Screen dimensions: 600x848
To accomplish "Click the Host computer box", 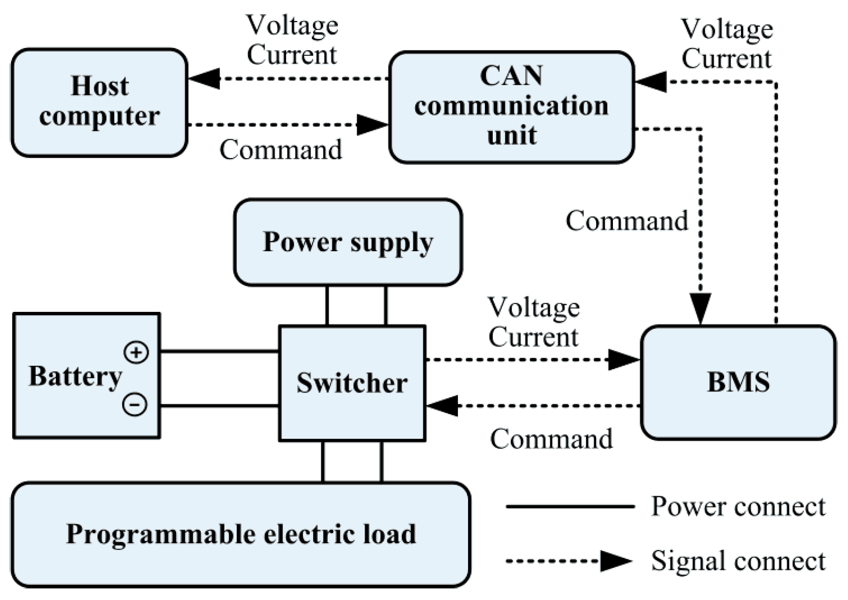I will tap(99, 103).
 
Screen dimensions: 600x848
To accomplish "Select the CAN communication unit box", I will tap(511, 107).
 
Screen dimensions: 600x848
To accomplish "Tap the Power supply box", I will tap(348, 242).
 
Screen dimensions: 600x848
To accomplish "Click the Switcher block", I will tap(352, 383).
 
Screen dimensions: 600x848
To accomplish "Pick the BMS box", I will tap(738, 382).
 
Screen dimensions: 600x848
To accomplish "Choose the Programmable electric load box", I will tap(241, 534).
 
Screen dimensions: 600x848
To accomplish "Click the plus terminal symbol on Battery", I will tap(136, 352).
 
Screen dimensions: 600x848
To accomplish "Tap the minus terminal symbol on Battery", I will tap(135, 405).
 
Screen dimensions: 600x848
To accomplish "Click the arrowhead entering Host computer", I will tap(203, 78).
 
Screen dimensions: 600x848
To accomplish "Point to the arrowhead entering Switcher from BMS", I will tap(442, 406).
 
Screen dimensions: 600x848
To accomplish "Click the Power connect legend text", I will tap(738, 506).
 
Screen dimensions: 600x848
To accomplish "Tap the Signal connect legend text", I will tap(738, 560).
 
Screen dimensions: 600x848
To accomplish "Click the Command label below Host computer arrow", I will tap(280, 150).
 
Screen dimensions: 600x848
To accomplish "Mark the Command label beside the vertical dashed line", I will tap(627, 221).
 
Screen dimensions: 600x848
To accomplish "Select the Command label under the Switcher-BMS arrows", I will tap(551, 439).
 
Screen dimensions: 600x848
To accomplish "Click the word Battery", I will tap(75, 376).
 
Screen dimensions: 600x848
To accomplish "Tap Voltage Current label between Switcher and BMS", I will tap(533, 322).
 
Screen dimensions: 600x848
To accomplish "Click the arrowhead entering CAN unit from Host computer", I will tap(373, 125).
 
